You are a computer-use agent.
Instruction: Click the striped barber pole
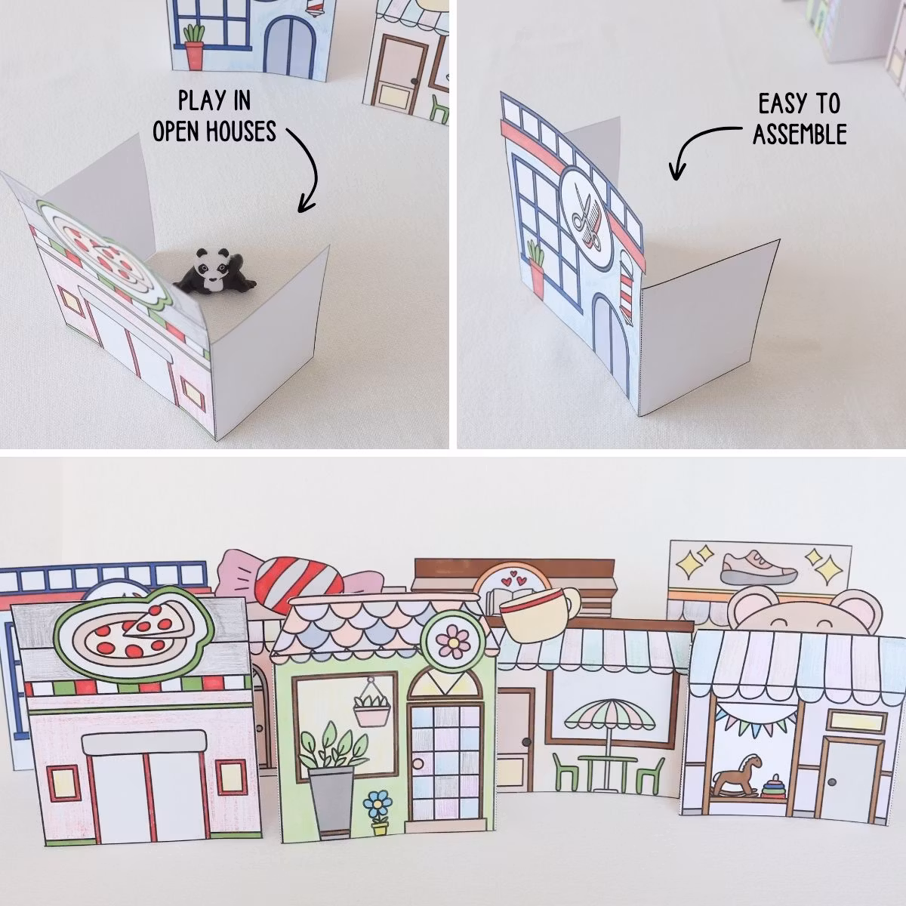coord(624,287)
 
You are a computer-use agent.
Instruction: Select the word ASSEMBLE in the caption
coord(799,134)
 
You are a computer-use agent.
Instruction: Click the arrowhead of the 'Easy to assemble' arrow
coord(676,174)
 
